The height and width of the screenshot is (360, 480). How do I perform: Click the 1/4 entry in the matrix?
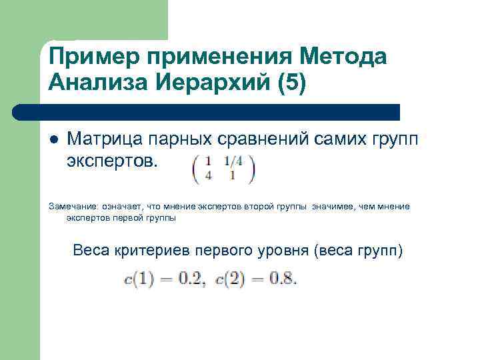(234, 161)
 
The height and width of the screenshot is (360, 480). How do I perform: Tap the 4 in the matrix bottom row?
(209, 176)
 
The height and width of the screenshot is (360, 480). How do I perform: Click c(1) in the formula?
(139, 279)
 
